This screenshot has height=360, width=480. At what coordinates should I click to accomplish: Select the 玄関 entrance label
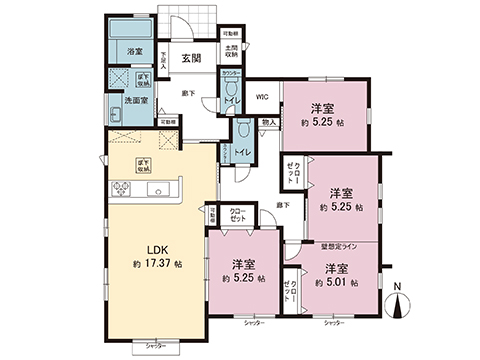192,57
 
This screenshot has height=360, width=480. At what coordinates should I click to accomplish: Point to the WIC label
260,97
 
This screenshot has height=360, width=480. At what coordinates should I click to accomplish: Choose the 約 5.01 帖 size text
334,283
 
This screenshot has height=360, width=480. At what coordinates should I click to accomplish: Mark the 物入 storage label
268,123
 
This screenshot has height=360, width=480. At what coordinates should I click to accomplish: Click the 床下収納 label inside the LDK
143,163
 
